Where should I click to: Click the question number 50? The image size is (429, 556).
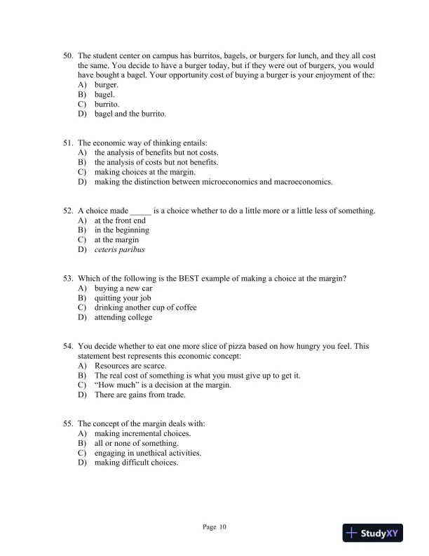click(x=68, y=55)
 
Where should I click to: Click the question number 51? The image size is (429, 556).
click(x=68, y=143)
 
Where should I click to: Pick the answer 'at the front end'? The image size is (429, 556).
click(x=120, y=220)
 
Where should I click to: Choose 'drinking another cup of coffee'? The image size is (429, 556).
click(x=145, y=307)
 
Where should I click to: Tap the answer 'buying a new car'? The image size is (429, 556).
click(x=123, y=289)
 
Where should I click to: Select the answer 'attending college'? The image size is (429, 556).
click(x=123, y=317)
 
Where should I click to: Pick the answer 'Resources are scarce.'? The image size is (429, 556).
click(x=130, y=366)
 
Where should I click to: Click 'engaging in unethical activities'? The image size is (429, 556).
click(x=148, y=454)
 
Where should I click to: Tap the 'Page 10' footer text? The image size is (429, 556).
click(x=214, y=527)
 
